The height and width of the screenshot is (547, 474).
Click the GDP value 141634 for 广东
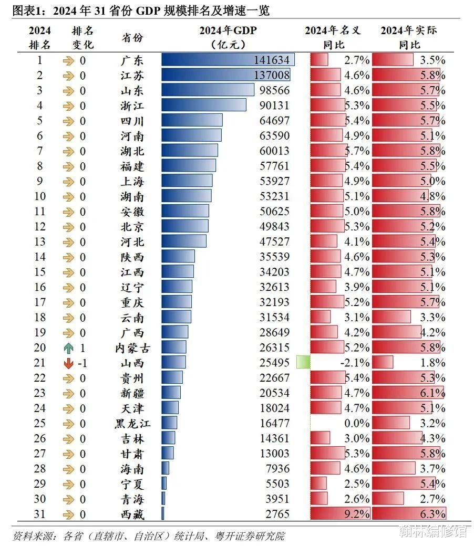[274, 60]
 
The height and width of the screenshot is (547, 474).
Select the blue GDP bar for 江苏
[225, 76]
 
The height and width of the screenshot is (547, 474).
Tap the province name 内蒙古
[129, 348]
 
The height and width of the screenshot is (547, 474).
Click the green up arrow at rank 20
[68, 348]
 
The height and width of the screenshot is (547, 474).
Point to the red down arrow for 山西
[68, 363]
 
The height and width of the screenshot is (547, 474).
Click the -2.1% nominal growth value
[356, 363]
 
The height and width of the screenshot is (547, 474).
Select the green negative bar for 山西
[303, 362]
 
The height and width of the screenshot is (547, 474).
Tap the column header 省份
[132, 38]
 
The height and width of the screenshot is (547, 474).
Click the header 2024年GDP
[228, 30]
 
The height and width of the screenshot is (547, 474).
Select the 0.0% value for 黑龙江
[357, 424]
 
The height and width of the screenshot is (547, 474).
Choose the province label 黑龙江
[129, 424]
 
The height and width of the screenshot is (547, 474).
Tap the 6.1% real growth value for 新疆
[432, 393]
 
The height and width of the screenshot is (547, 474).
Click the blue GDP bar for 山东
[210, 91]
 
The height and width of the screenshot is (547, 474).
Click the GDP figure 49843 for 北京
[275, 227]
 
